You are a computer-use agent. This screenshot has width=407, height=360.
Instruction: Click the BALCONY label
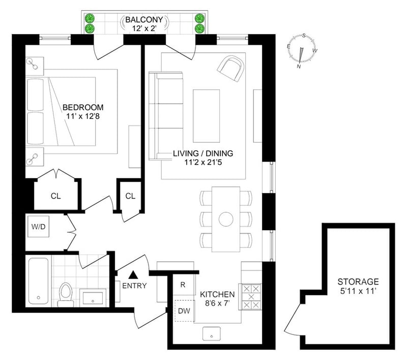coord(144,20)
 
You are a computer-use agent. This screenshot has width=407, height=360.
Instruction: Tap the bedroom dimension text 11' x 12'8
coord(83,116)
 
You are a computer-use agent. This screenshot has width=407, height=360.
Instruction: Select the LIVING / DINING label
coord(203,153)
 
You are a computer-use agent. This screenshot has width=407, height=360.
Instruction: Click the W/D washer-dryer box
coord(39,227)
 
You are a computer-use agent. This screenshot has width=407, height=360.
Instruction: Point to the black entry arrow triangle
coord(133,274)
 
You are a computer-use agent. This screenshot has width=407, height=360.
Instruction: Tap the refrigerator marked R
coord(184,285)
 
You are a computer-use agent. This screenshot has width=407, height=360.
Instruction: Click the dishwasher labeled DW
coord(184,311)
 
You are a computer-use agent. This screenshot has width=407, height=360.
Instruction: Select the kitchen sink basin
coord(212,334)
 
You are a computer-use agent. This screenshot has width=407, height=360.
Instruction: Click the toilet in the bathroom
coord(65,294)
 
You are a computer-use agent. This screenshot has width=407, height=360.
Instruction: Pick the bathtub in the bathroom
coord(39,281)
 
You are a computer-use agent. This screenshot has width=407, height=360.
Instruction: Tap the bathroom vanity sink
coord(93,298)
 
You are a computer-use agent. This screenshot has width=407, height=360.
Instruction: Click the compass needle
coord(301,55)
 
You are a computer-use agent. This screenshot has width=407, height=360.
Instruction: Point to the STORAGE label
coord(358,282)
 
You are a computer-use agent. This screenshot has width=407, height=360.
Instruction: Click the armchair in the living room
coord(231,69)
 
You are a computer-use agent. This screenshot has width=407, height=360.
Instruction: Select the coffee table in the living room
coord(207,116)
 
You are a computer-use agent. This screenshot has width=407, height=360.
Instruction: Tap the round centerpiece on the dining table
coord(226,219)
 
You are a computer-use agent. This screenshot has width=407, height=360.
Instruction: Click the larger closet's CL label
coord(56,196)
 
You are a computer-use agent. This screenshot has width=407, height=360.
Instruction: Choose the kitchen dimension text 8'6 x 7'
coord(218,303)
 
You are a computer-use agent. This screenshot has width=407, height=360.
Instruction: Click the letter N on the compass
coord(299,67)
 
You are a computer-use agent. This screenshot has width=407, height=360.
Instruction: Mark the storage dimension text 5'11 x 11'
coord(358,291)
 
